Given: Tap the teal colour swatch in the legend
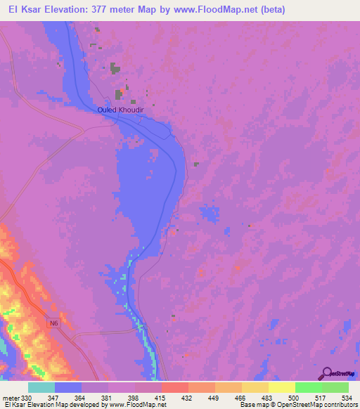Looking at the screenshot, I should coord(41,387).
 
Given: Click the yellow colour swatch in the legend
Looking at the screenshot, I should coord(281,387).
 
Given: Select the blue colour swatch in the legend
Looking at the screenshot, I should coord(68,387).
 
